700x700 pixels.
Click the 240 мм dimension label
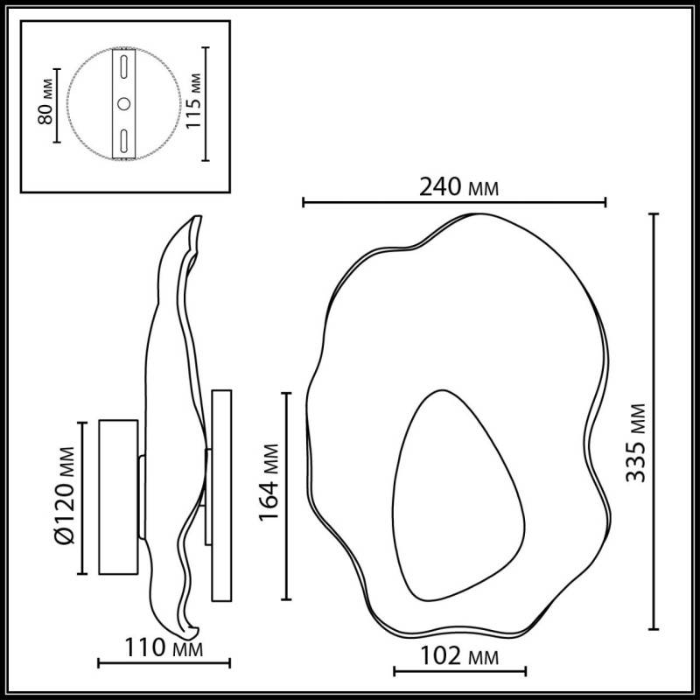tap(453, 186)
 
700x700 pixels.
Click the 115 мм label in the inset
tap(195, 103)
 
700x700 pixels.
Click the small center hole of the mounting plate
tap(123, 104)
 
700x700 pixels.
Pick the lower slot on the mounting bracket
tap(123, 140)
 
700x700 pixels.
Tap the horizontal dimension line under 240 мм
tap(453, 203)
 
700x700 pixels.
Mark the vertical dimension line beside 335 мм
tap(654, 420)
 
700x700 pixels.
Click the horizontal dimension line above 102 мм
tap(458, 672)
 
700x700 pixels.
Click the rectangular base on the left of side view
tap(118, 497)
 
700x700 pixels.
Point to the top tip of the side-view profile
tap(197, 216)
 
